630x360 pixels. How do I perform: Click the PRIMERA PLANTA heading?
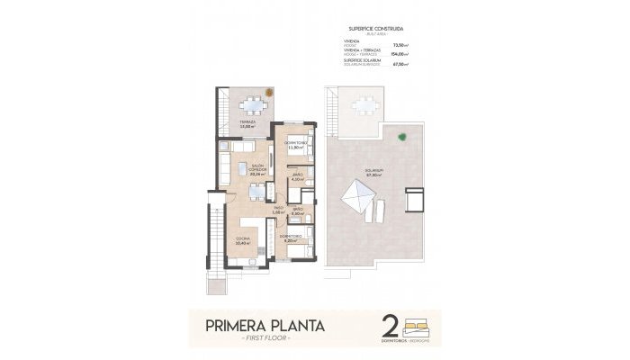(x=265, y=322)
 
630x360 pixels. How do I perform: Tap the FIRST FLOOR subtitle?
(x=265, y=337)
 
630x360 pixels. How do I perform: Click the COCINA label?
(x=242, y=240)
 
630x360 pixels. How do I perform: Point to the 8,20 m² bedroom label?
(x=291, y=239)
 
